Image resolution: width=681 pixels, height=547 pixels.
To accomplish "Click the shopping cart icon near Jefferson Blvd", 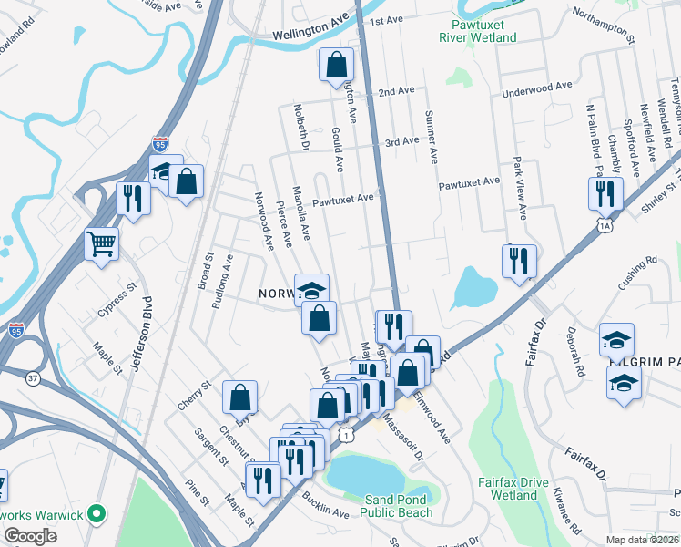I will tap(102, 243).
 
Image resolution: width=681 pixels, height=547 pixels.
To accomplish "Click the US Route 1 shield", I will tap(347, 436).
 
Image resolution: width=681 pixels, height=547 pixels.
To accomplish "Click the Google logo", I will tap(30, 536).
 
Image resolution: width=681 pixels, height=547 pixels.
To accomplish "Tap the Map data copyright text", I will tap(636, 541).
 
